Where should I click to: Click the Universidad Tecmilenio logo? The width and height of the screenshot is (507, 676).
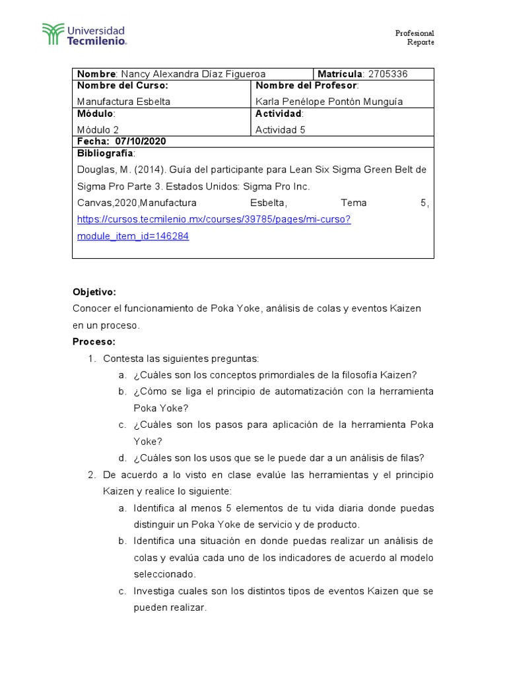84,35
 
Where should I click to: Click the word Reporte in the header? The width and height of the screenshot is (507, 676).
421,43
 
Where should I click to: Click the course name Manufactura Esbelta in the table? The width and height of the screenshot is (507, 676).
123,102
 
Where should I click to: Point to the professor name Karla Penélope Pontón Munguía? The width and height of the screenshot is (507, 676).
329,102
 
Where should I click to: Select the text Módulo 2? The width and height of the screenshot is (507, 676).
98,129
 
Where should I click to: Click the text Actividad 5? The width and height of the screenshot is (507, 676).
280,129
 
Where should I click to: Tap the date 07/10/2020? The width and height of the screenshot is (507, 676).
141,141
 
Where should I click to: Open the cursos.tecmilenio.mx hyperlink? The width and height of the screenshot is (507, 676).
214,219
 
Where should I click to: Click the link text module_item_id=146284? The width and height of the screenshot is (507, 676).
133,236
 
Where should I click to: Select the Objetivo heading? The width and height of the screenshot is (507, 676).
94,291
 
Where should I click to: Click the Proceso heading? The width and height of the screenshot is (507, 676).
94,341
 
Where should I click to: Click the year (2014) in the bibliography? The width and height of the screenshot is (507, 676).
147,170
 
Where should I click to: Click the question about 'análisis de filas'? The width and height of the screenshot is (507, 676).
279,458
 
